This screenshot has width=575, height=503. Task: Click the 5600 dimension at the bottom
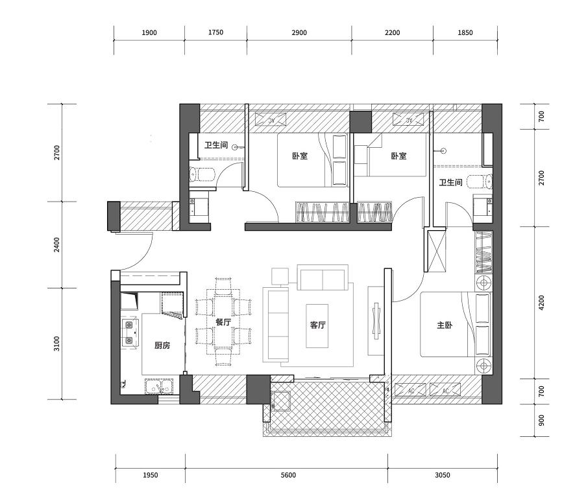pyautogui.click(x=288, y=475)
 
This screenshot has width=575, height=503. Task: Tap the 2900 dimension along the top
pyautogui.click(x=299, y=32)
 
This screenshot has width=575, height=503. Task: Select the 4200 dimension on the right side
pyautogui.click(x=542, y=303)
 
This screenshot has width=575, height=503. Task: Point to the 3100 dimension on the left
pyautogui.click(x=56, y=344)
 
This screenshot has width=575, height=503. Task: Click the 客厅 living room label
pyautogui.click(x=317, y=325)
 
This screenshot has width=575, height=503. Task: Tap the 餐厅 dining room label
pyautogui.click(x=223, y=322)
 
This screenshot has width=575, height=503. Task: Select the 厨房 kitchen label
pyautogui.click(x=162, y=345)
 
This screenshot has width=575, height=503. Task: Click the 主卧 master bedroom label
pyautogui.click(x=445, y=325)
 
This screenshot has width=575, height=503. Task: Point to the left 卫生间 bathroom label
pyautogui.click(x=216, y=145)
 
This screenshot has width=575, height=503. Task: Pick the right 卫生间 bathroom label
pyautogui.click(x=450, y=182)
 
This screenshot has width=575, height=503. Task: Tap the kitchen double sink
pyautogui.click(x=159, y=386)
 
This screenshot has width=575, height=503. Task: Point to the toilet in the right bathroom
pyautogui.click(x=480, y=181)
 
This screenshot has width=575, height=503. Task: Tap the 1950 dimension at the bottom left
pyautogui.click(x=151, y=475)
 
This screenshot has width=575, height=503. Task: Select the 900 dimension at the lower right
pyautogui.click(x=542, y=420)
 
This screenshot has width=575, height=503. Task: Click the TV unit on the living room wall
pyautogui.click(x=376, y=321)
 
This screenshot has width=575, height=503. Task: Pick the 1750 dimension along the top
pyautogui.click(x=215, y=32)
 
